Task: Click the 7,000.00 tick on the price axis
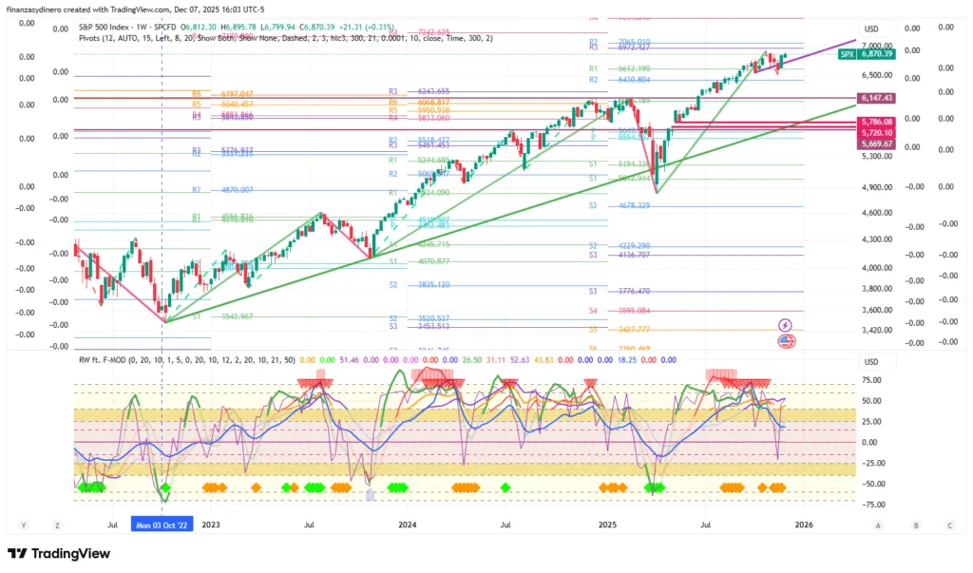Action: [x=876, y=46]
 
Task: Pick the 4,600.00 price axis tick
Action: [x=876, y=213]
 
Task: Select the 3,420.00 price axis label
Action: [x=876, y=331]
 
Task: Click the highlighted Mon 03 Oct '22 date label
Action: [x=162, y=524]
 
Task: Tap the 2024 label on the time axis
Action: [x=408, y=524]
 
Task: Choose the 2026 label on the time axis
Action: [x=803, y=524]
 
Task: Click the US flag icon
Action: [x=786, y=340]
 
